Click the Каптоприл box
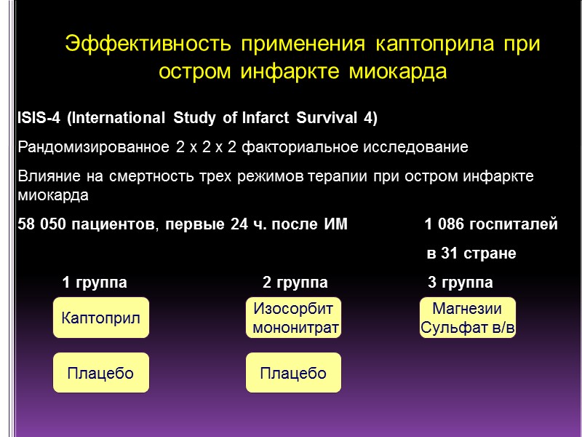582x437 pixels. click(101, 318)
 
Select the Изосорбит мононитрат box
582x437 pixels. click(294, 318)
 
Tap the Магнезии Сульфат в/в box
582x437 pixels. click(468, 318)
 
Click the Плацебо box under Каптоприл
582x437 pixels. click(100, 374)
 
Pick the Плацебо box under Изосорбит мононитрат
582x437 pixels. click(294, 374)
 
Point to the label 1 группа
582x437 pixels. click(95, 283)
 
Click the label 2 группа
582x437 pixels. click(295, 283)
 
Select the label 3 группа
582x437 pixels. click(460, 283)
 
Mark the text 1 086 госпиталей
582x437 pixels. click(491, 225)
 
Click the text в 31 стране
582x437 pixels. click(471, 254)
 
